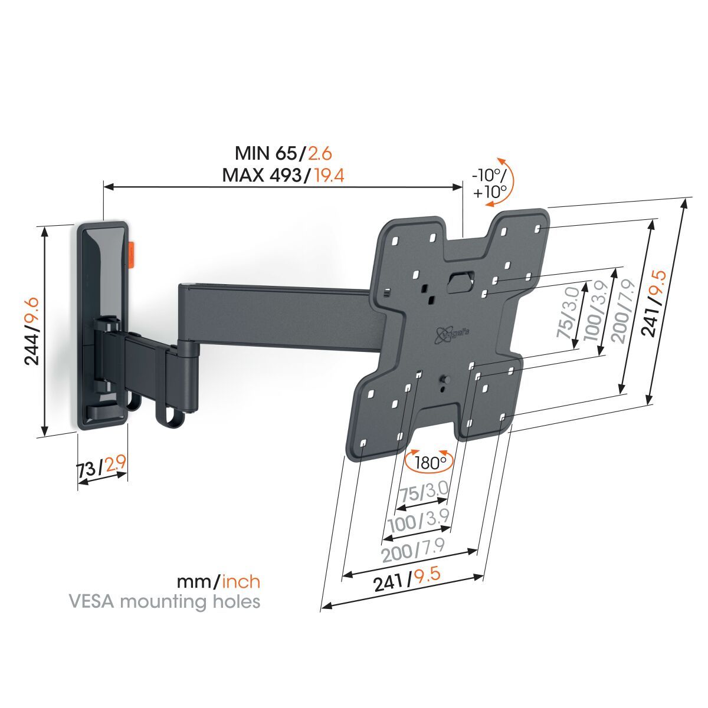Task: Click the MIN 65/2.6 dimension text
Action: [x=283, y=154]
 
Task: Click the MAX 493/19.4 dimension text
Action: [x=283, y=175]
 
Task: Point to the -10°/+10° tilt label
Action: [x=489, y=183]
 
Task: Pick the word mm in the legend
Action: [x=197, y=582]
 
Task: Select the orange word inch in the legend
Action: [x=240, y=582]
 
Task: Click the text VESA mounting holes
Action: [x=165, y=602]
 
